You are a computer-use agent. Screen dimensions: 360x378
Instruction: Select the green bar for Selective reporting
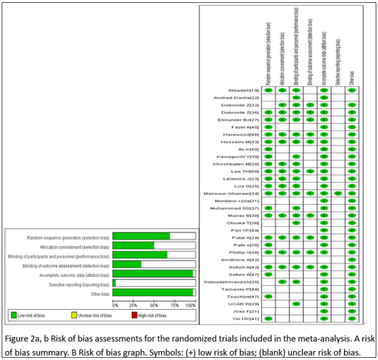pos(114,283)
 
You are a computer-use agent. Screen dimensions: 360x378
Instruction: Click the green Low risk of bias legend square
pos(14,315)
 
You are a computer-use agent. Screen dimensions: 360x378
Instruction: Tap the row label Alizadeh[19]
pos(243,90)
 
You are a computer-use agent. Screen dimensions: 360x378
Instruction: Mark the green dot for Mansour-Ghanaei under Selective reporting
pos(338,193)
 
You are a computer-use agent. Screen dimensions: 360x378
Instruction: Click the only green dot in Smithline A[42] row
pos(352,260)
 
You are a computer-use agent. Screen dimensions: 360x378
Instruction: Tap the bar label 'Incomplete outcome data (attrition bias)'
pos(69,274)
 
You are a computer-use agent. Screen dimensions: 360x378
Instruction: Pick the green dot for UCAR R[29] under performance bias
pos(296,304)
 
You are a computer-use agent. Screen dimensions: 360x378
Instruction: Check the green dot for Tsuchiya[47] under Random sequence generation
pos(269,297)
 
